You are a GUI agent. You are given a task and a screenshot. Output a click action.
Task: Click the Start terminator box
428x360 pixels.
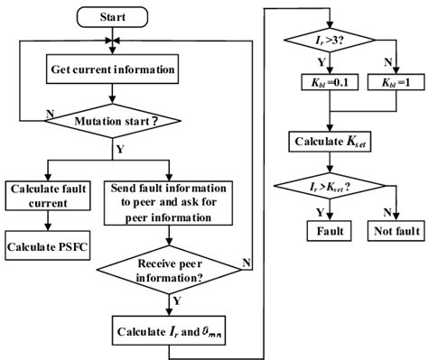[x=112, y=17]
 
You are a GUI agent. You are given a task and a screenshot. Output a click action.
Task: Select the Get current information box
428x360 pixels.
[x=112, y=68]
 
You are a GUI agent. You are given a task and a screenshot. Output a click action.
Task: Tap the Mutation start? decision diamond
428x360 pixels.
[x=112, y=118]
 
